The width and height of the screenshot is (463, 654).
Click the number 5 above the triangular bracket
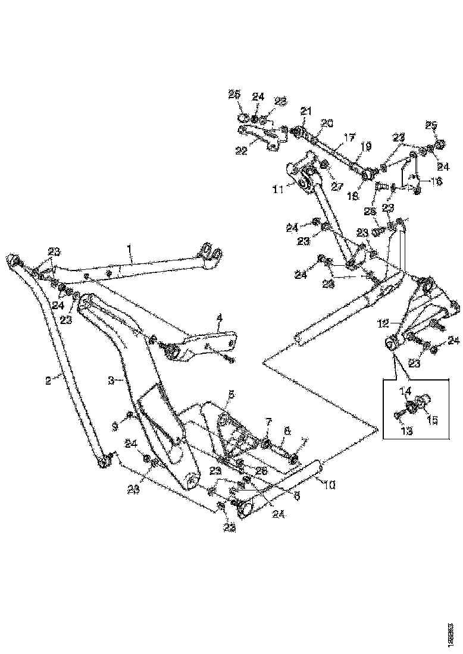(x=232, y=394)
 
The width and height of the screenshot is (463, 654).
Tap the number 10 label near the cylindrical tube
(x=329, y=485)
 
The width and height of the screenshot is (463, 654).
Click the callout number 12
(x=383, y=323)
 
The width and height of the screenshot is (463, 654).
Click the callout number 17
(x=349, y=137)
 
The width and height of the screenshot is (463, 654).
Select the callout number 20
(x=327, y=124)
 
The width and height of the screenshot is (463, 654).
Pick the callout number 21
(x=305, y=111)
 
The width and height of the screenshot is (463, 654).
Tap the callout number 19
(x=365, y=145)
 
